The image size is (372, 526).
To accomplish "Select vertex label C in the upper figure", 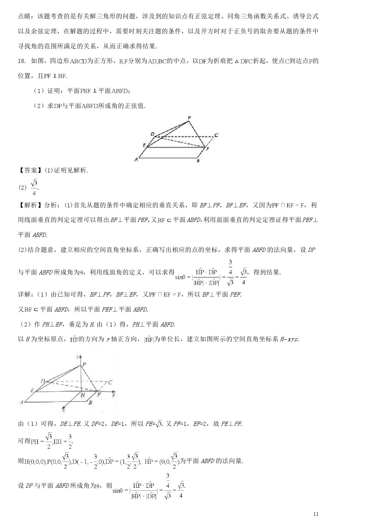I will tap(216, 135).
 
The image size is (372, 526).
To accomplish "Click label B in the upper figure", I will tap(198, 161).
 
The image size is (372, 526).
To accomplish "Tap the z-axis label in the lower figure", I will tap(77, 357).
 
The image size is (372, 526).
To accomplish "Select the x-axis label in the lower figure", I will tap(64, 409).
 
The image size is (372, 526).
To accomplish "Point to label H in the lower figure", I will tap(82, 395).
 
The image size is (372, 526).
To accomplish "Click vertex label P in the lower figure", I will tap(84, 364).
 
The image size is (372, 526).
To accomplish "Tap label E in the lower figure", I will tap(33, 390).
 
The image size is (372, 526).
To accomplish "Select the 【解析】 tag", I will tap(28, 205).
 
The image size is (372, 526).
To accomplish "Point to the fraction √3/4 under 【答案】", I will tap(34, 187).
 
